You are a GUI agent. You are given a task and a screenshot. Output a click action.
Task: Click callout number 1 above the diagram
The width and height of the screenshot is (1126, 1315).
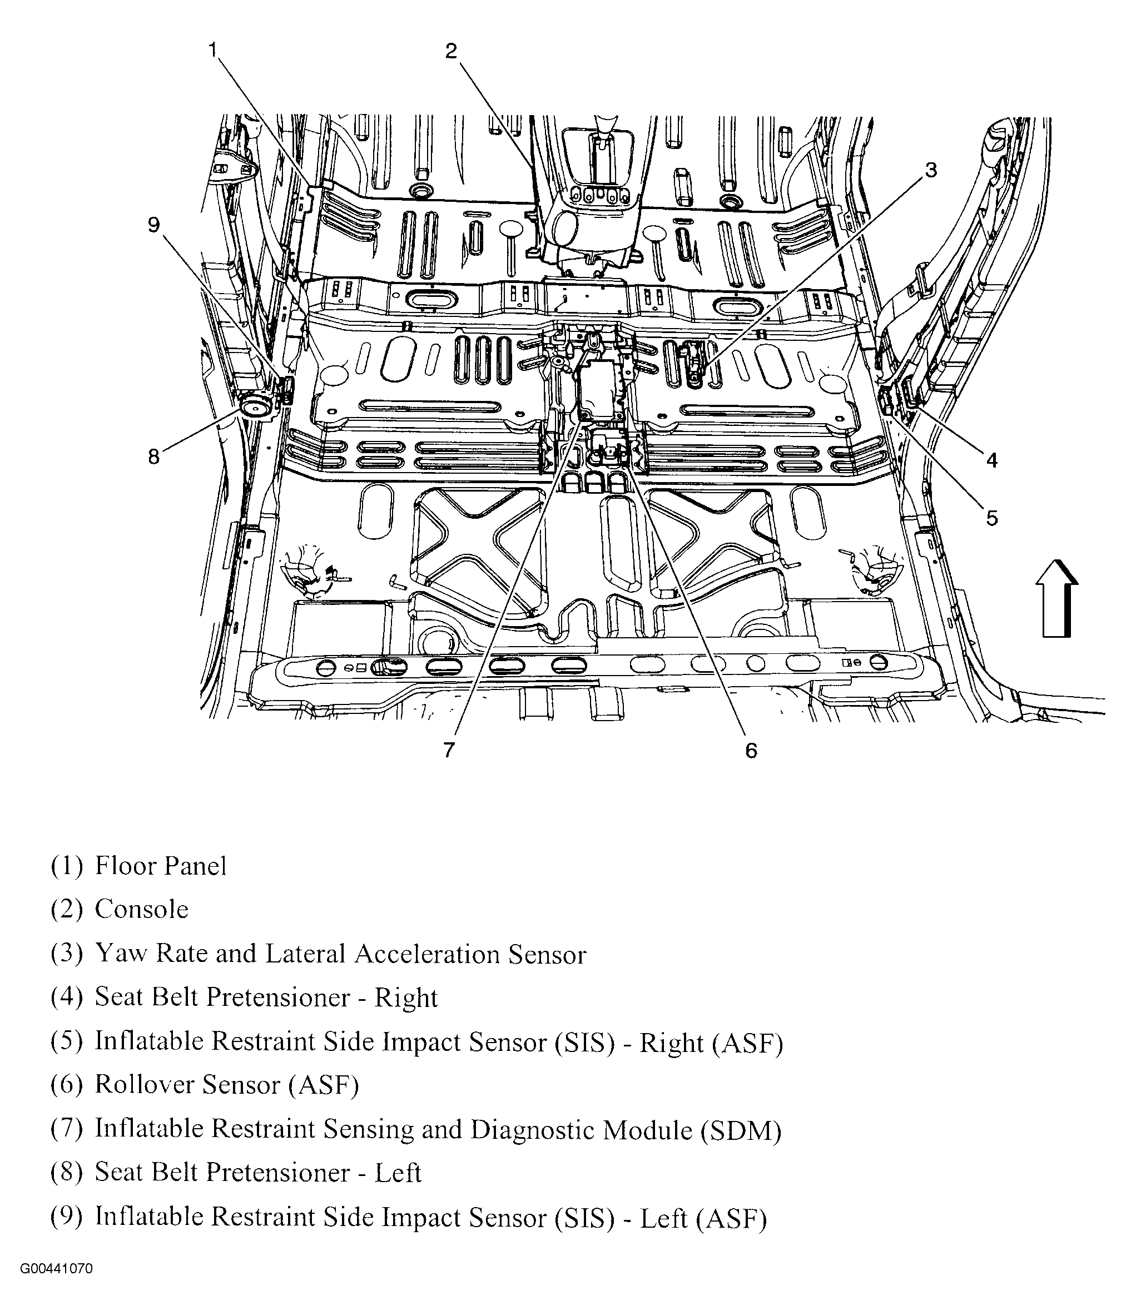[x=214, y=49]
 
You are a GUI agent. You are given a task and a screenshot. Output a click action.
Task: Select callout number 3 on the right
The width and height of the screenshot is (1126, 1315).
[x=930, y=170]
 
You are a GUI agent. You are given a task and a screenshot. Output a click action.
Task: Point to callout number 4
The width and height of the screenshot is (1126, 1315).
[x=991, y=460]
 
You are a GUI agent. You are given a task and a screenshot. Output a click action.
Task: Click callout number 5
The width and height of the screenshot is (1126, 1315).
[x=991, y=518]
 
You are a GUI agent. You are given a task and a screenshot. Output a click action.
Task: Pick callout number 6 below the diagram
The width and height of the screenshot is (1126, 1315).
[x=751, y=751]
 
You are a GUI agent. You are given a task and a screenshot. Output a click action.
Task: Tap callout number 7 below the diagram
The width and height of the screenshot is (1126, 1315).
[x=449, y=750]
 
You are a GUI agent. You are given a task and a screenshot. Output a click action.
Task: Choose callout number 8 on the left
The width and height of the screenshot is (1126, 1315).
[x=153, y=456]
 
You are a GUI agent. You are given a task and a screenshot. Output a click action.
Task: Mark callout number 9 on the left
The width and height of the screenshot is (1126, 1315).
[x=153, y=225]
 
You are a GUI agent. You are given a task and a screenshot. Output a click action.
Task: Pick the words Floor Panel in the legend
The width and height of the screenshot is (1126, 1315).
[x=161, y=866]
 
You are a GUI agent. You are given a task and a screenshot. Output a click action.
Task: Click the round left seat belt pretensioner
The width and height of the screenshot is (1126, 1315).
[x=255, y=406]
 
